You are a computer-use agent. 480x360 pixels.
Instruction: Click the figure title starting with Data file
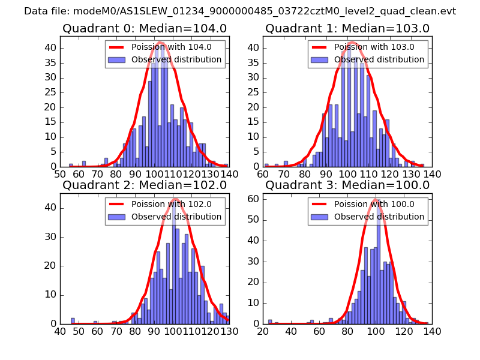240,11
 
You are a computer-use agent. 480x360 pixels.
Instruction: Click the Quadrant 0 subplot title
145,28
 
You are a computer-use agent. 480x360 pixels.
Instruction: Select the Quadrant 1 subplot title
347,28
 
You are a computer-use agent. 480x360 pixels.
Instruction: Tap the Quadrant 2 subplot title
145,185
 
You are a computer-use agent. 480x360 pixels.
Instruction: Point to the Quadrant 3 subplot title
347,185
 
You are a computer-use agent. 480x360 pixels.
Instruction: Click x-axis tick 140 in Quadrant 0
229,174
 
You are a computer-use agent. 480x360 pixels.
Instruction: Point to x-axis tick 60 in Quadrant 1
263,174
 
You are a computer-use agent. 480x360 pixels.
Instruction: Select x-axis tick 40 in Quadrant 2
61,331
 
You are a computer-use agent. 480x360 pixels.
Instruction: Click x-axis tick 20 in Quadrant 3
263,331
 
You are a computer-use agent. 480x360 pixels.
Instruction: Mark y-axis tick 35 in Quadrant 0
52,62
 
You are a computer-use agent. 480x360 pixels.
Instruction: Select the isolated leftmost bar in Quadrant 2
73,321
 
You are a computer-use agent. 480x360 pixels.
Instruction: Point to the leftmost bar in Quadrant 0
71,165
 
